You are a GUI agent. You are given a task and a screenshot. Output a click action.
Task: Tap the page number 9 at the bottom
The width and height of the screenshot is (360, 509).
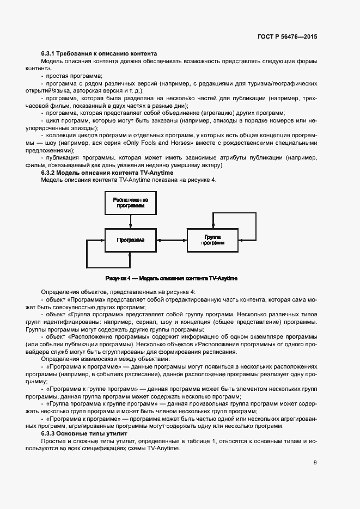tap(314, 463)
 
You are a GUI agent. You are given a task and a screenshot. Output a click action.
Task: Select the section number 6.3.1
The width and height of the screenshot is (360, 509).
tap(50, 53)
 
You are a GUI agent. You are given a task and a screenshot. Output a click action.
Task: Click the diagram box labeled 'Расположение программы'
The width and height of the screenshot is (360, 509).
tap(130, 204)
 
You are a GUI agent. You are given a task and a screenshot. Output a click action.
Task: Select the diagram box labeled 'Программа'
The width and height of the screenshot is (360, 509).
tap(130, 240)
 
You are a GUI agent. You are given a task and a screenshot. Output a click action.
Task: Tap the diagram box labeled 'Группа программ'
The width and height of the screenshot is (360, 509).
tap(212, 240)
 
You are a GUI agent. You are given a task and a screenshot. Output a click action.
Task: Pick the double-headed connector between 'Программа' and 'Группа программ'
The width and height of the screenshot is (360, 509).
tap(172, 240)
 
